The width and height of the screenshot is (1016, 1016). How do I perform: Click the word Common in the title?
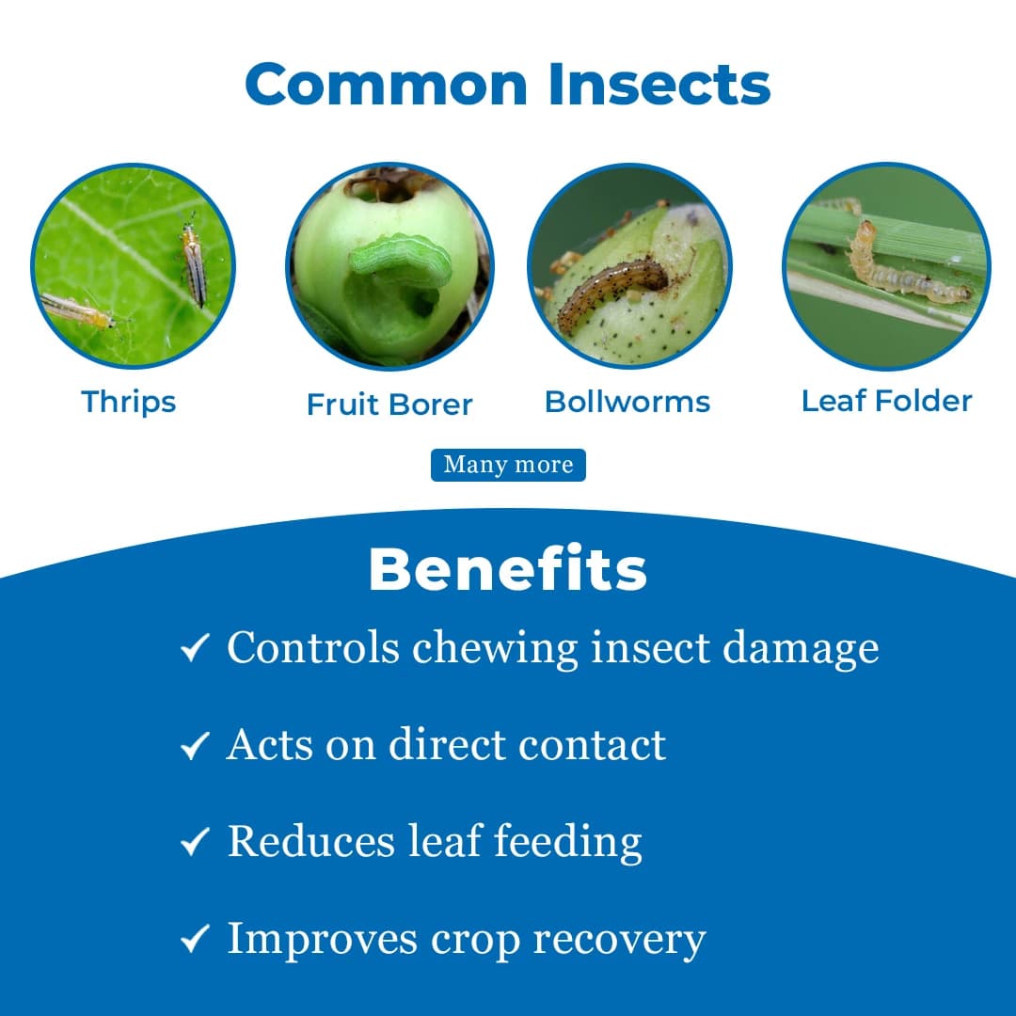pos(387,84)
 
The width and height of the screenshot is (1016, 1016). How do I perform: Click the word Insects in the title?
pos(659,84)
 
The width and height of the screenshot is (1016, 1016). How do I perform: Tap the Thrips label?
pos(129,402)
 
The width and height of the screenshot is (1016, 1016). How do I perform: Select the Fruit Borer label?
pos(389,405)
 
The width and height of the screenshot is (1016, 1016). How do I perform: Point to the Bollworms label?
pos(627,402)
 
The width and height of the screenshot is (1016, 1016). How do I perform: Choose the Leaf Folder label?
pos(886,401)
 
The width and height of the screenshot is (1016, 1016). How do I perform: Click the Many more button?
pos(508,465)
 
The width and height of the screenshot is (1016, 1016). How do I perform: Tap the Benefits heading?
pos(508,570)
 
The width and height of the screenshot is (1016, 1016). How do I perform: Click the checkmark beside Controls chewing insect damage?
pos(194,648)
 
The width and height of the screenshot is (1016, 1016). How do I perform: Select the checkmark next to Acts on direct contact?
pos(194,747)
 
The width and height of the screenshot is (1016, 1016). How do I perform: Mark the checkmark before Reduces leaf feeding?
pos(194,843)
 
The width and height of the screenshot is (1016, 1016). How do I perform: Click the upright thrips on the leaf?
pos(194,267)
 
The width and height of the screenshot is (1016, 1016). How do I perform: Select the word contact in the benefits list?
pos(594,745)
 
